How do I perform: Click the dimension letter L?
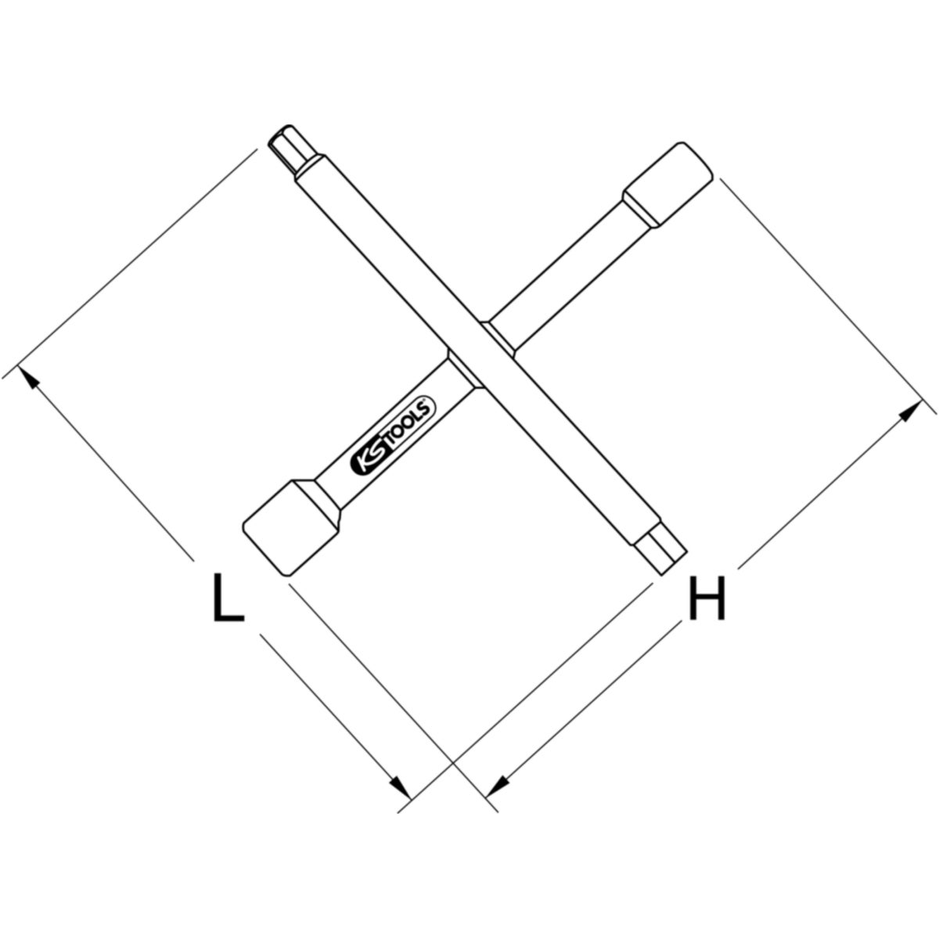tap(228, 599)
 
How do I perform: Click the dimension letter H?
tap(707, 599)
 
